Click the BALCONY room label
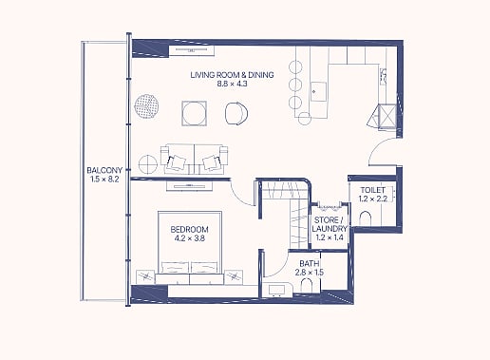tap(104, 170)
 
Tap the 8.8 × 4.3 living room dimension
tap(232, 84)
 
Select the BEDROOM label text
tap(189, 229)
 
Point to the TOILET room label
tap(373, 190)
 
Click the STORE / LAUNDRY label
tap(330, 224)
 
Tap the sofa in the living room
tap(194, 160)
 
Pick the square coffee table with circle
tap(195, 113)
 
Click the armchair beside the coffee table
tap(236, 113)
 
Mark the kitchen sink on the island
tap(318, 91)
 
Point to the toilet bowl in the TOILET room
tap(366, 218)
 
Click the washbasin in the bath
tap(277, 290)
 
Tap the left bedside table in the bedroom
tap(145, 277)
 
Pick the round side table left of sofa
tap(148, 163)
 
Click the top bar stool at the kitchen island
tap(295, 67)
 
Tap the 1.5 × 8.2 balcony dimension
tap(104, 180)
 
